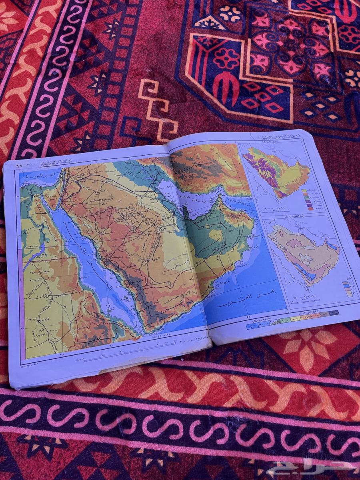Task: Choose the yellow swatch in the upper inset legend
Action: [x=304, y=191]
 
